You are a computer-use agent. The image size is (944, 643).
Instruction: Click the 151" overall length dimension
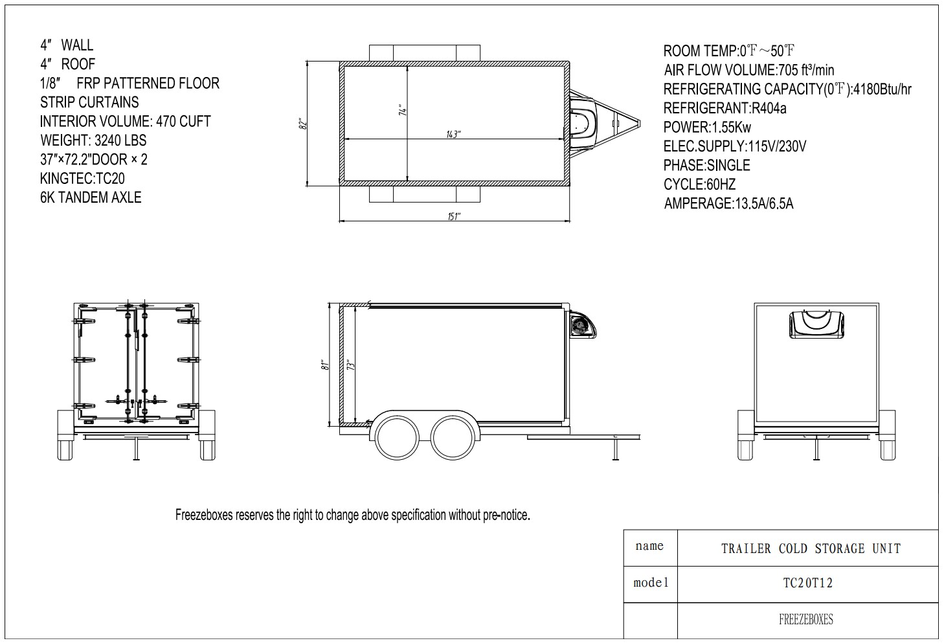(x=454, y=216)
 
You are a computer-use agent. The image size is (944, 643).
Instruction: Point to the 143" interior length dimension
(x=453, y=135)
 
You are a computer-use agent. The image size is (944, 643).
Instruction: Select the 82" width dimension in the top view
(x=302, y=124)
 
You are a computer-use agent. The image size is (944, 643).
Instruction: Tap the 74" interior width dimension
(x=403, y=110)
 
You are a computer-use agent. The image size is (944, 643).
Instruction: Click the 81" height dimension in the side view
(x=324, y=365)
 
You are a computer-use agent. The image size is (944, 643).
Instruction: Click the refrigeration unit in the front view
(x=816, y=324)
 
